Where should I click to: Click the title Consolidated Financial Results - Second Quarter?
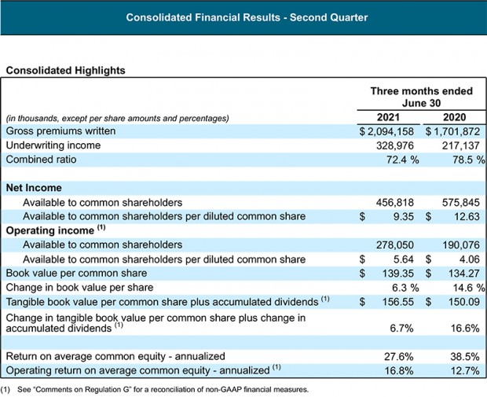point(243,17)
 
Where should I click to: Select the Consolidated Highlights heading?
point(65,70)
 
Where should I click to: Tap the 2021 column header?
point(386,118)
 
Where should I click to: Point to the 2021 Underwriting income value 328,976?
point(397,145)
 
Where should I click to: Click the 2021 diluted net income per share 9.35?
point(404,216)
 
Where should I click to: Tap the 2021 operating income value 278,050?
point(397,244)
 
